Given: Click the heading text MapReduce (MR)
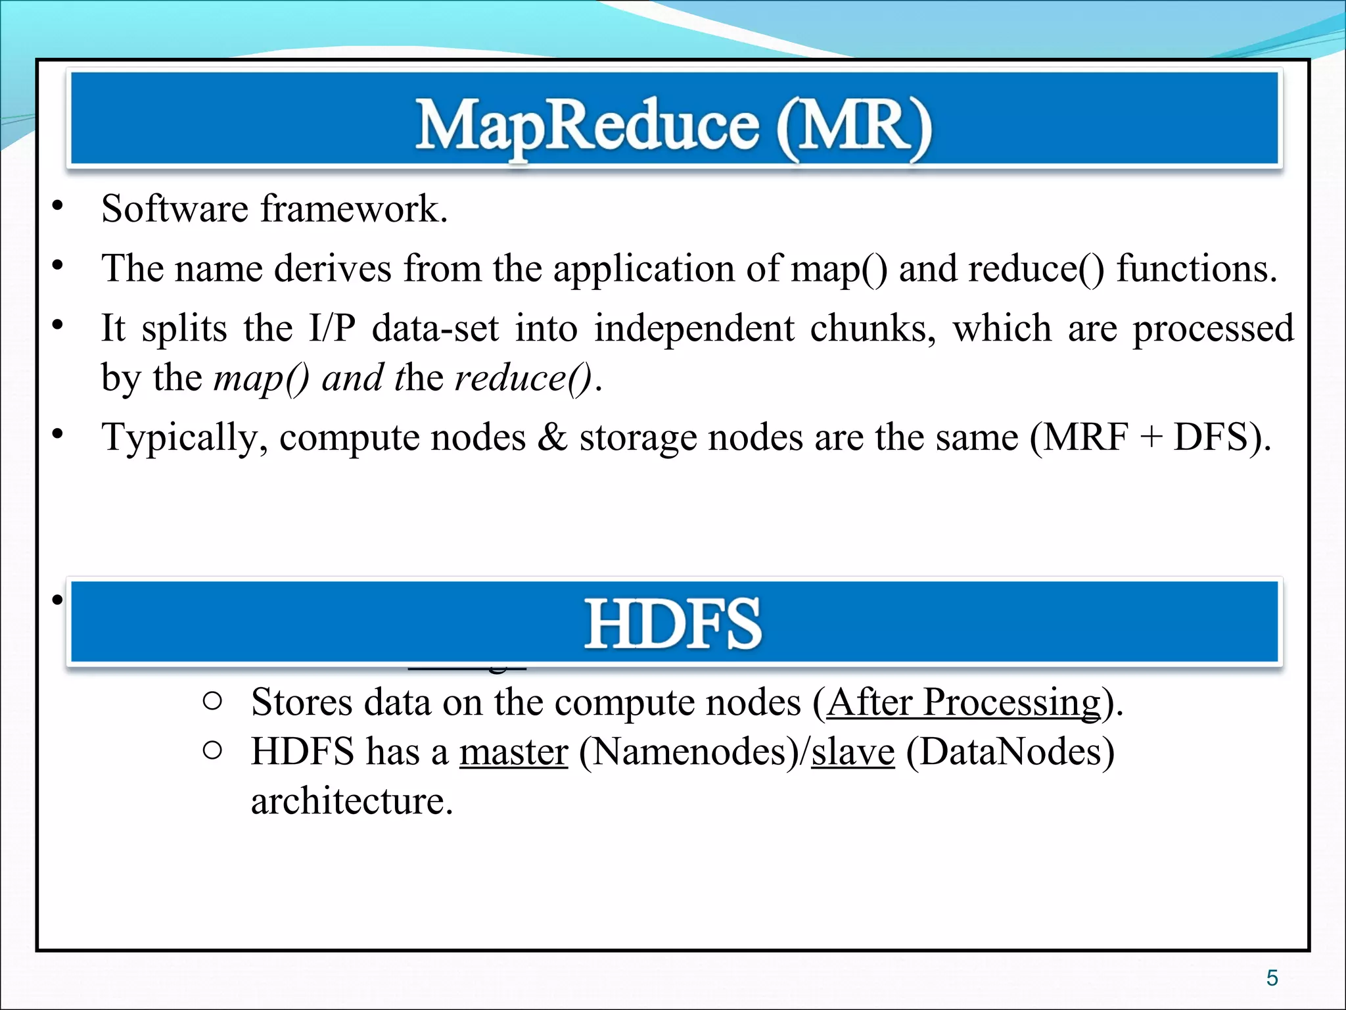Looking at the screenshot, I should [673, 126].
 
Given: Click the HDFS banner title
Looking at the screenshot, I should [673, 623].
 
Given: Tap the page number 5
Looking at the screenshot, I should [1272, 978].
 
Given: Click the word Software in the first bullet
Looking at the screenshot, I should [175, 209].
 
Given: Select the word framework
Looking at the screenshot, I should [354, 209].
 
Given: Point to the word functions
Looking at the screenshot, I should [1196, 268].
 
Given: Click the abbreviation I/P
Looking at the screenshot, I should [332, 327].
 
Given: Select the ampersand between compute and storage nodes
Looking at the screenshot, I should [552, 437].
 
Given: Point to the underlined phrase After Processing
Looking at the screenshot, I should [963, 702].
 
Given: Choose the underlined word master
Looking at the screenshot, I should [513, 752].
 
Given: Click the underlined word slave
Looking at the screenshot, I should [852, 752].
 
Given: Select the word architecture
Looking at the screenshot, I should [352, 802].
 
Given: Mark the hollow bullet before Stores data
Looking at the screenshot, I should [212, 702].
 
